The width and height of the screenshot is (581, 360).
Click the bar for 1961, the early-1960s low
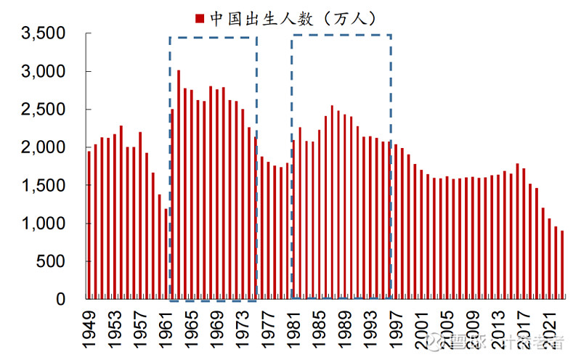166,254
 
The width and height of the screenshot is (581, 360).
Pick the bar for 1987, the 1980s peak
332,202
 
